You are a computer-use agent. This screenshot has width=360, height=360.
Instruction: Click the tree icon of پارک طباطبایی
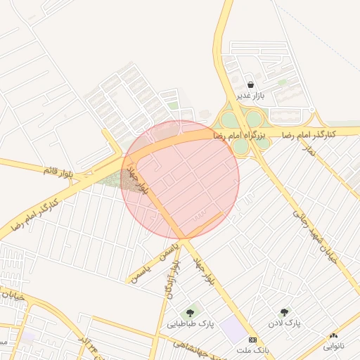[190, 312]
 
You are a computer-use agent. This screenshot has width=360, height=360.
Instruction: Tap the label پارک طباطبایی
[191, 324]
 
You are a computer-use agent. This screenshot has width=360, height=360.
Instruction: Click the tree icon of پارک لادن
[284, 312]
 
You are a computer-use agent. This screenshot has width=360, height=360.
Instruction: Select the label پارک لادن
[283, 323]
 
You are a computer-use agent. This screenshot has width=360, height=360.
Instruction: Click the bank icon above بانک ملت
[252, 340]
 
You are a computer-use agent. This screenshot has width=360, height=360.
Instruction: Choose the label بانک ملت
[252, 349]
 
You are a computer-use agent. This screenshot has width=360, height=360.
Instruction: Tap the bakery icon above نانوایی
[333, 336]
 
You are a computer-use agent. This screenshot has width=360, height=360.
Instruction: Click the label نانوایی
[333, 346]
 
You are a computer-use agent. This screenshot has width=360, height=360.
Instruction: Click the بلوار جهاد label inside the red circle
[144, 181]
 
